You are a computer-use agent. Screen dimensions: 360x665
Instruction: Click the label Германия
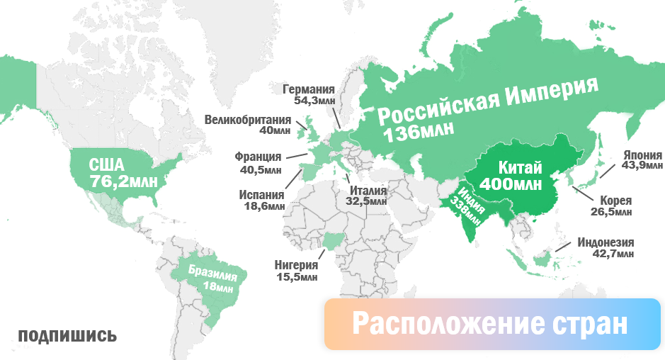(x=308, y=89)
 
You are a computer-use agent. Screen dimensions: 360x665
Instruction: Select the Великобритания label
(x=247, y=119)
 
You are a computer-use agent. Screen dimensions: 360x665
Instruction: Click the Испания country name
(x=261, y=195)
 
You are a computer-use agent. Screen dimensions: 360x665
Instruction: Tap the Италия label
(x=368, y=190)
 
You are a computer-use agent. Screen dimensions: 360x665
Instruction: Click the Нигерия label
(x=297, y=265)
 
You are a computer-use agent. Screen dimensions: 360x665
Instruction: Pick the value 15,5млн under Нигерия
(x=297, y=277)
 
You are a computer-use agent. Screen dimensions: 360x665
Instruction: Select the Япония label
(x=642, y=154)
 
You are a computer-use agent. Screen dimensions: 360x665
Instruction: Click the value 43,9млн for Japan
(x=642, y=167)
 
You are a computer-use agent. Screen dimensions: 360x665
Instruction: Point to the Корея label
(x=615, y=200)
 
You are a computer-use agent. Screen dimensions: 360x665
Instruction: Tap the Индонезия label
(x=606, y=242)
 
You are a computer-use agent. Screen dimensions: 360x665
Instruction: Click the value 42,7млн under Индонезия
(x=614, y=254)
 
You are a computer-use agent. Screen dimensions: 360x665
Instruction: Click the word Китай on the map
(x=521, y=168)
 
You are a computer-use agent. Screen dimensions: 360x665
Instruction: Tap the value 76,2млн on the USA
(x=123, y=182)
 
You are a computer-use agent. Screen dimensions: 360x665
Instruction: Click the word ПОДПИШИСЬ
(x=67, y=335)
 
